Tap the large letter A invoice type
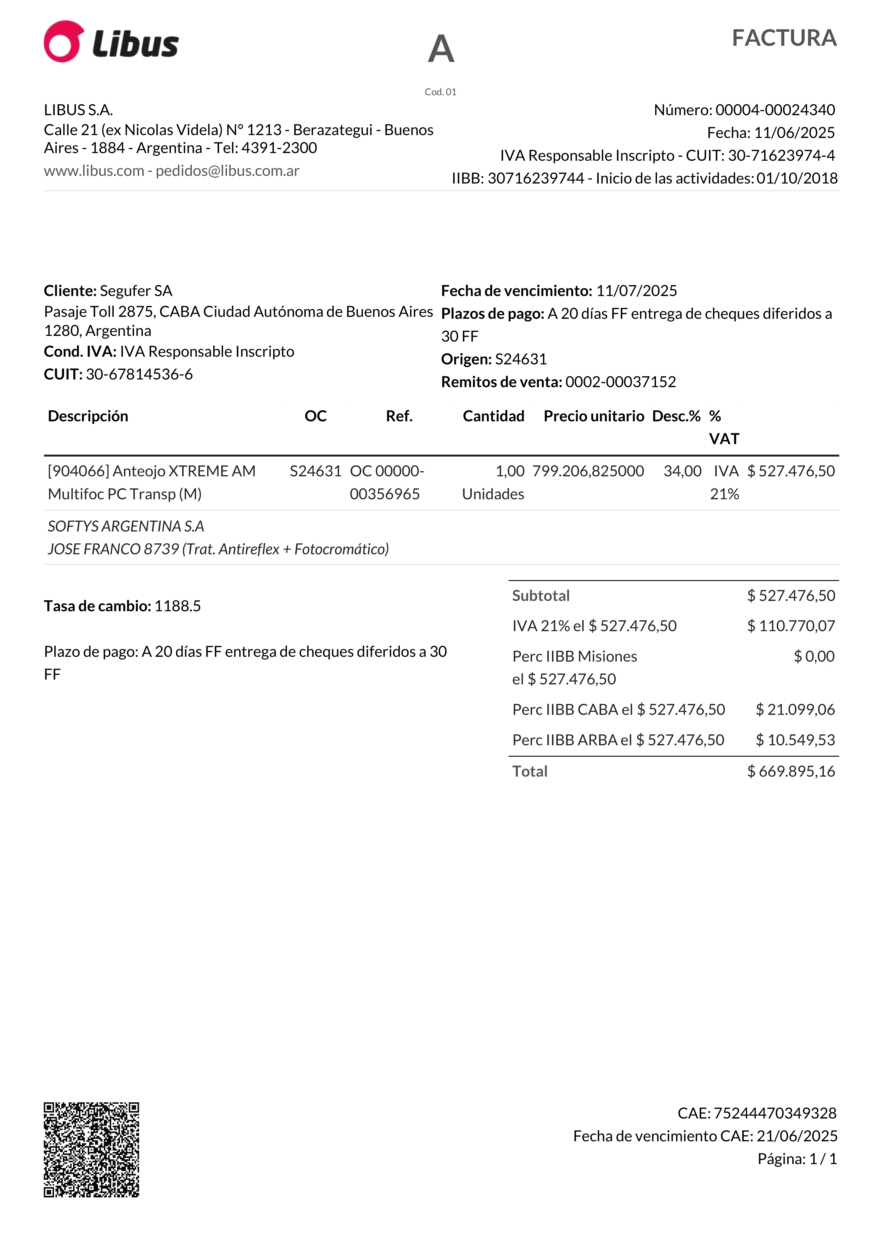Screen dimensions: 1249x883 coord(441,49)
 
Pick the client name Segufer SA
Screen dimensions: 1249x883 coord(136,291)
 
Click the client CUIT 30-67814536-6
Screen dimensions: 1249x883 coord(139,374)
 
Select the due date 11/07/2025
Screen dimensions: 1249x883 coord(637,291)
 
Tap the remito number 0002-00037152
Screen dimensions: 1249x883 coord(621,382)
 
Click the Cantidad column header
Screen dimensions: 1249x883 coord(493,416)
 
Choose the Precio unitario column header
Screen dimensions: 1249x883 coord(593,416)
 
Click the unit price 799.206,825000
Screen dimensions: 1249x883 coord(588,471)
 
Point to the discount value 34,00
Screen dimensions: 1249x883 coord(682,471)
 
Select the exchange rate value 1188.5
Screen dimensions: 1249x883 coord(177,606)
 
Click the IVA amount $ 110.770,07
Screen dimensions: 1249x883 coord(791,626)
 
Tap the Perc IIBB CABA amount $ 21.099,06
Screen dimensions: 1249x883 coord(795,709)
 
